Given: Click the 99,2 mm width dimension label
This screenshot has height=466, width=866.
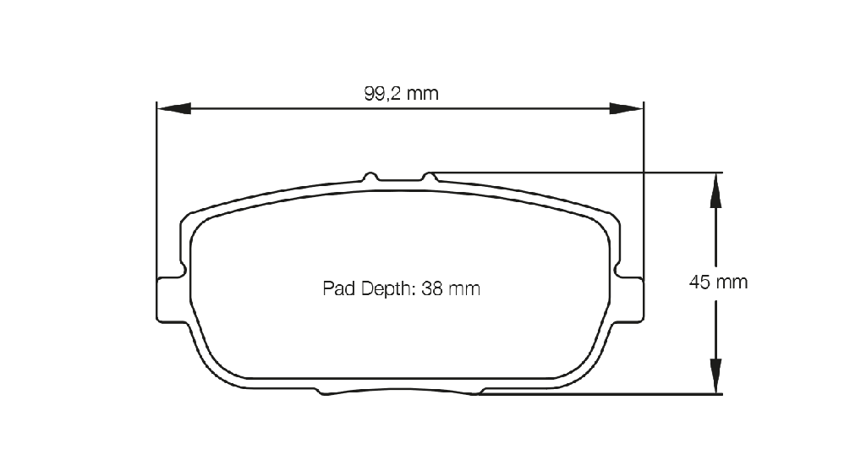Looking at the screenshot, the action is click(402, 93).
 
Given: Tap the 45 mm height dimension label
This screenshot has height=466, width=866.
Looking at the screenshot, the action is click(718, 282).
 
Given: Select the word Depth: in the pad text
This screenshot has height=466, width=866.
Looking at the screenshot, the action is click(387, 288).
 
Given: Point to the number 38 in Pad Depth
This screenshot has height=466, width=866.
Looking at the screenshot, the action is click(432, 288).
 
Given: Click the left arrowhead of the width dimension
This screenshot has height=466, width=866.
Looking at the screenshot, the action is click(174, 108).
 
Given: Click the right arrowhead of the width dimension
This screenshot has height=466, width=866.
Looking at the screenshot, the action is click(627, 108).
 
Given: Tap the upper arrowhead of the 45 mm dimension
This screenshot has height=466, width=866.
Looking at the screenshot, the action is click(715, 190).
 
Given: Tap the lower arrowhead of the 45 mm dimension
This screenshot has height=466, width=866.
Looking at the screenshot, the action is click(715, 376).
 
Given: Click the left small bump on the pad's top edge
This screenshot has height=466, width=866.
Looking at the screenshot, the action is click(370, 176).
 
